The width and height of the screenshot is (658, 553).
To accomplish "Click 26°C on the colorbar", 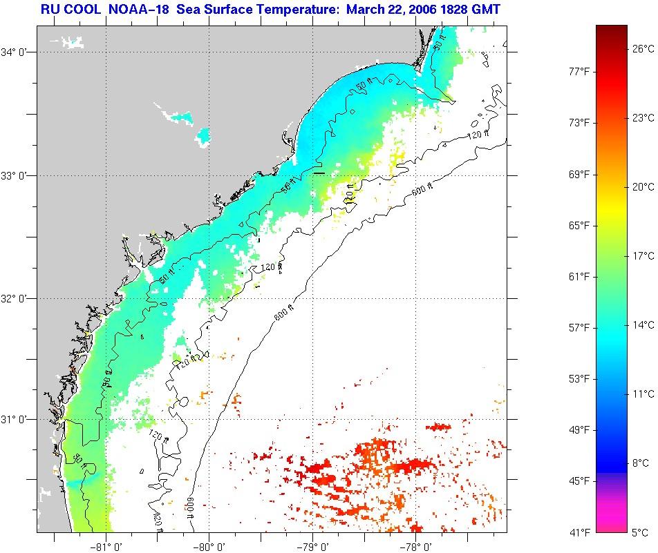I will click(643, 48).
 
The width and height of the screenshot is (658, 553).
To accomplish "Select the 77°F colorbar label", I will click(579, 71).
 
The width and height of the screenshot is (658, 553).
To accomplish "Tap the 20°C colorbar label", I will click(643, 186).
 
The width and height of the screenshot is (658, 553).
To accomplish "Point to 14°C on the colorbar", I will click(643, 324).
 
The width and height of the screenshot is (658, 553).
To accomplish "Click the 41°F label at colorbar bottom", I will click(579, 532).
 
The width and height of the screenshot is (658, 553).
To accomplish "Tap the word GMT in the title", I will click(486, 9).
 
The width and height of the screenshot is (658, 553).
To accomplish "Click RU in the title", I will click(49, 9).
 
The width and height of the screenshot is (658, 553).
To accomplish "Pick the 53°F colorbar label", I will click(579, 378).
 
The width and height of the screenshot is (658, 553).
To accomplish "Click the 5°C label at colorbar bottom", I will click(641, 532).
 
